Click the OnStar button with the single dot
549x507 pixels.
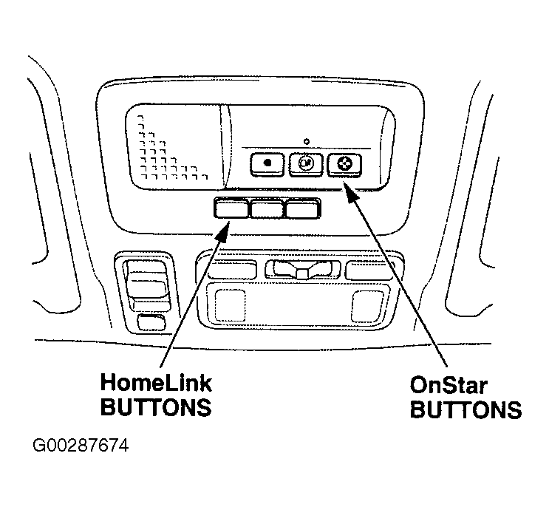click(x=267, y=164)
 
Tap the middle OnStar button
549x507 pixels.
click(x=306, y=164)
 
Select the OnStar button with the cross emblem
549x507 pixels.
click(x=344, y=164)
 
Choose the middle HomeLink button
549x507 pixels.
click(x=267, y=209)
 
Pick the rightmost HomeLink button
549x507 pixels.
click(x=303, y=209)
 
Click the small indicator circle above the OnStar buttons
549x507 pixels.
click(x=307, y=142)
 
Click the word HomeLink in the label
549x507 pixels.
click(x=156, y=383)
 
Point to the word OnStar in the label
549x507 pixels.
click(x=449, y=386)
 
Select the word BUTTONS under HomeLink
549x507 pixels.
click(x=156, y=407)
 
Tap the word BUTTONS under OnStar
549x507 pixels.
click(x=466, y=409)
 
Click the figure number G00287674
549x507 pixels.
click(x=81, y=446)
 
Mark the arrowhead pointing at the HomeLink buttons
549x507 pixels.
click(x=222, y=231)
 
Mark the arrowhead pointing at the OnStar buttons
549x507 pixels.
click(x=351, y=193)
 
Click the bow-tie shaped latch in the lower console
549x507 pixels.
click(x=302, y=269)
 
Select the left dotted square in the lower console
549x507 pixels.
click(x=230, y=305)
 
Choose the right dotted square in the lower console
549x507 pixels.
click(x=367, y=306)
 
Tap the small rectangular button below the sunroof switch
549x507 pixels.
click(x=151, y=322)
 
